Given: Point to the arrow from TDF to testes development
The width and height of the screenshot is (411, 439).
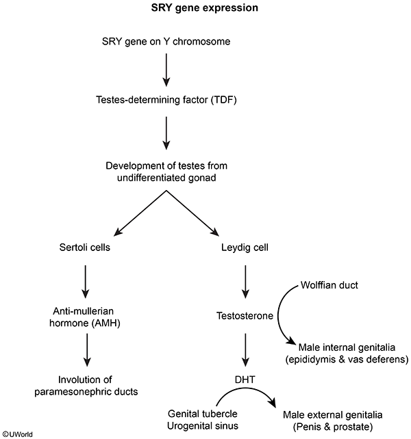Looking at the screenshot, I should pos(165,131).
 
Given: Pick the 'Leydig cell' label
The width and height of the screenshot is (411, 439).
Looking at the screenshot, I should pos(244,247).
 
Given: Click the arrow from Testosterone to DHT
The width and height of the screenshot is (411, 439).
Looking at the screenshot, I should pos(244,349).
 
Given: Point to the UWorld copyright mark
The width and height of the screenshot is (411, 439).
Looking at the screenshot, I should pos(17,434).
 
